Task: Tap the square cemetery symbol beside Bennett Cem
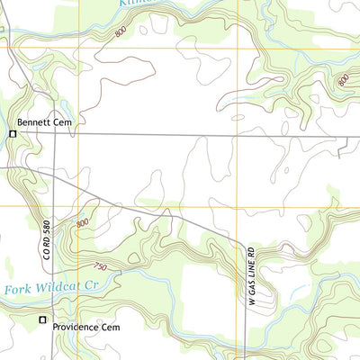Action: pos(13,134)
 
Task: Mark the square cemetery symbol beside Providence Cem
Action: pos(41,319)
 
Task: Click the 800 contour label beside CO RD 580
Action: pos(83,222)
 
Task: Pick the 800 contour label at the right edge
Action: pos(342,80)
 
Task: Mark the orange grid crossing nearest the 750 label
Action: pos(78,206)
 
